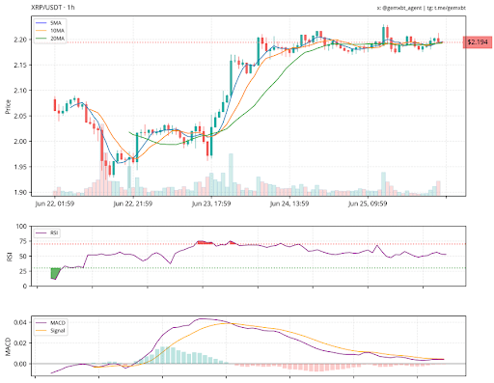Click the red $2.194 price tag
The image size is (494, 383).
pyautogui.click(x=477, y=42)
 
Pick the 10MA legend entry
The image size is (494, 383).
pyautogui.click(x=59, y=30)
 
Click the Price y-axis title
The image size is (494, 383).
pyautogui.click(x=7, y=106)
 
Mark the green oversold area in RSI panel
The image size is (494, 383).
pyautogui.click(x=55, y=273)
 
